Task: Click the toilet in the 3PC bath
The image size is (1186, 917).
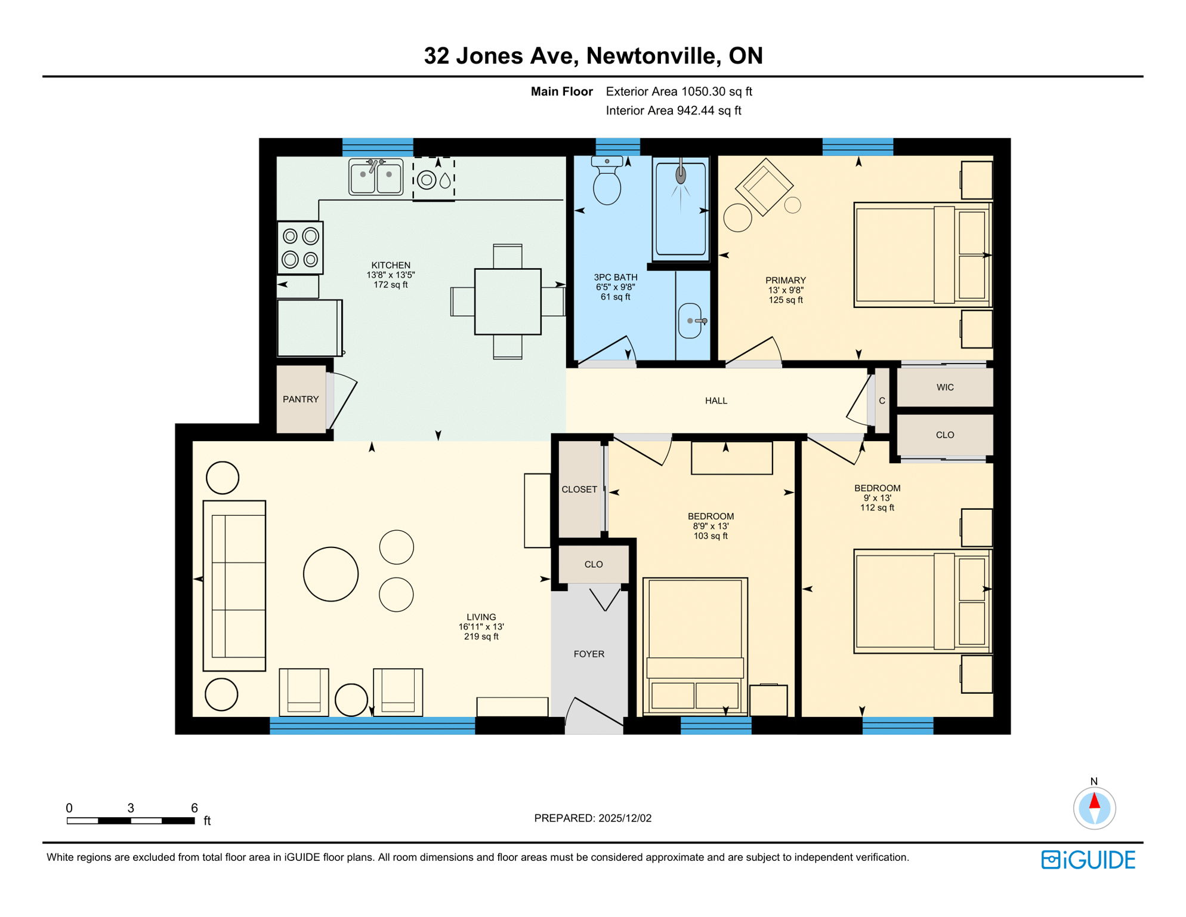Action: (x=607, y=181)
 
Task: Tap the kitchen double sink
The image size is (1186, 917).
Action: (x=376, y=177)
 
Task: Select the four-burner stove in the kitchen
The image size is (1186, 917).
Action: (x=300, y=248)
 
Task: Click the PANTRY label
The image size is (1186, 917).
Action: (x=301, y=399)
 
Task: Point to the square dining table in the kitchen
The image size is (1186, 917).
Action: (x=508, y=301)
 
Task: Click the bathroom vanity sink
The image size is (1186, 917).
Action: (x=691, y=321)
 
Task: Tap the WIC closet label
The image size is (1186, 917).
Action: (x=945, y=387)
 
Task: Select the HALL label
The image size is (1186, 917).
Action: (x=716, y=401)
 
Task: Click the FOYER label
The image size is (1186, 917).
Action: (x=589, y=654)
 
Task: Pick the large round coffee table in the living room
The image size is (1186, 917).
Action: (x=331, y=574)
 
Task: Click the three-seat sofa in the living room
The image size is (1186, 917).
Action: (x=234, y=586)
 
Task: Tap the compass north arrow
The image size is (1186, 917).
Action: (x=1094, y=803)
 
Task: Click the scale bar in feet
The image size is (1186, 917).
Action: (x=131, y=821)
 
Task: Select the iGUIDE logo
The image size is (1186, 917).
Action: (x=1088, y=860)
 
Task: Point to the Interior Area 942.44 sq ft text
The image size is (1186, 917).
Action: (x=673, y=110)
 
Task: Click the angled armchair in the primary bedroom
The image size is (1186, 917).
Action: (x=764, y=187)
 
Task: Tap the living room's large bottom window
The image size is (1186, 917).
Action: (x=372, y=725)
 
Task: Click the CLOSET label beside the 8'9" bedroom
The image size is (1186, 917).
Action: (x=579, y=490)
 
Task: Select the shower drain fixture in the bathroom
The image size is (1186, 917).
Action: (x=681, y=175)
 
